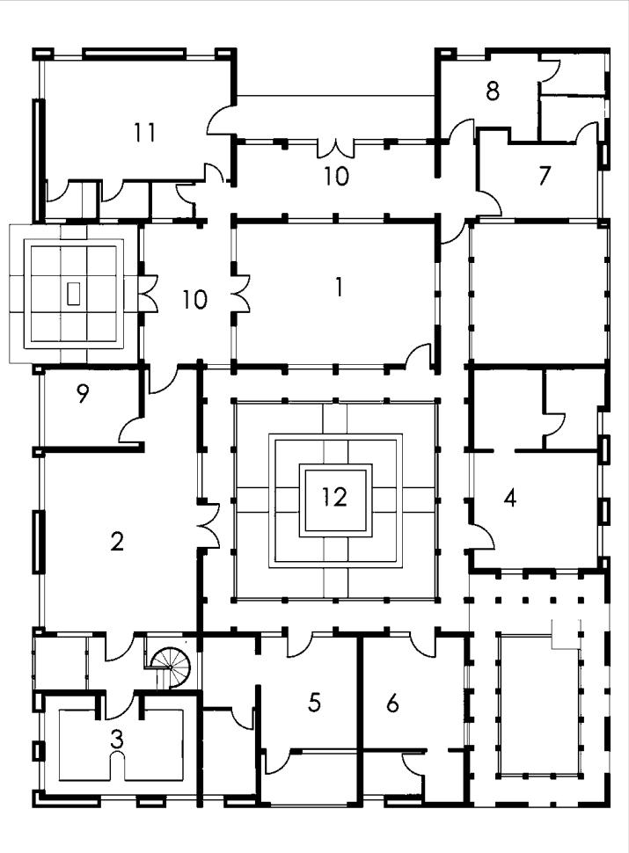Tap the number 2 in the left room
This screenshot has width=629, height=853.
coord(116,542)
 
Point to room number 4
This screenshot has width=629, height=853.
coord(509,499)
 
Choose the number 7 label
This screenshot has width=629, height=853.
coord(545,176)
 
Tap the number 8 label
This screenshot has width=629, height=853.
coord(493,91)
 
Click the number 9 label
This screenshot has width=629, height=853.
coord(83,395)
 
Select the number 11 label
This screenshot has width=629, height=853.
coord(146,133)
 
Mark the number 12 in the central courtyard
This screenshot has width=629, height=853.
coord(334,498)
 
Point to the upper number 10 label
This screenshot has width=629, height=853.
coord(336,176)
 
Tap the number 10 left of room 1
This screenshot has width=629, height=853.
coord(195,300)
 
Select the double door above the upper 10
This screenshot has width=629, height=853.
coord(335,147)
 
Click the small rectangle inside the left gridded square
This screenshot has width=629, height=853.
coord(74,293)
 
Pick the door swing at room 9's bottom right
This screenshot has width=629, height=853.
coord(131,431)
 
